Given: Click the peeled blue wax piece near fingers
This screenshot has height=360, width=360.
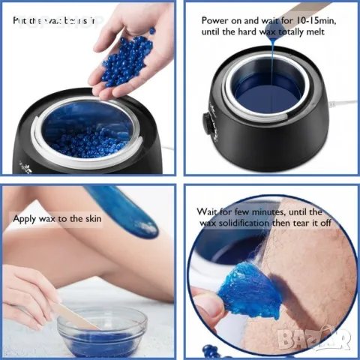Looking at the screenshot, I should (251, 289).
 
